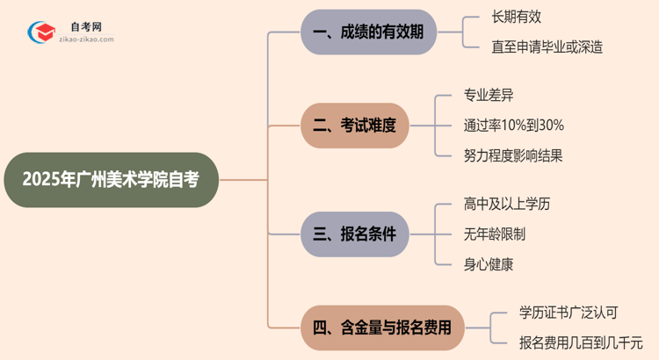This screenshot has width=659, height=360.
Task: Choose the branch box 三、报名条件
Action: [355, 234]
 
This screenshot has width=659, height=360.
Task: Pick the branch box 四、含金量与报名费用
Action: [382, 328]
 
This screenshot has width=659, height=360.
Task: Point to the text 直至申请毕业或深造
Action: [547, 47]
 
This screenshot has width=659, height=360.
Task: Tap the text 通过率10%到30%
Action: [514, 126]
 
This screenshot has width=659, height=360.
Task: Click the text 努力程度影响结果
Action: [513, 155]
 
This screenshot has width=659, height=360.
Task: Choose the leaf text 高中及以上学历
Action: [507, 205]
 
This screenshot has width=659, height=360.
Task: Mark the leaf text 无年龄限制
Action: [496, 234]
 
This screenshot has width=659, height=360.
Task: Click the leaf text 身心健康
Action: [489, 263]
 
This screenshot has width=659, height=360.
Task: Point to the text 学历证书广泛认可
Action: [568, 313]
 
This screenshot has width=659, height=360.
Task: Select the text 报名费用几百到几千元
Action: [581, 342]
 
